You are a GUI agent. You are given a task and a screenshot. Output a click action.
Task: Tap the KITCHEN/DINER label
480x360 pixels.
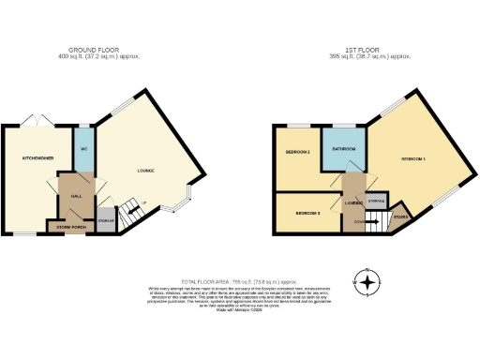24,158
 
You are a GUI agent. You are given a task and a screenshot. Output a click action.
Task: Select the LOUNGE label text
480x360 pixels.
145,170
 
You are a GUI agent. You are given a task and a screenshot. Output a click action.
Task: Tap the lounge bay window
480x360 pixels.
187,198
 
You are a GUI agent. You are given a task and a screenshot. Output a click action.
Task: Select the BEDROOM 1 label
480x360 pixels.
413,158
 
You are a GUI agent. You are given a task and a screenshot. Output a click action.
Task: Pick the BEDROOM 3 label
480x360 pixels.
307,214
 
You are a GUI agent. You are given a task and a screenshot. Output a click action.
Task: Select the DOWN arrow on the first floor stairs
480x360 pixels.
361,221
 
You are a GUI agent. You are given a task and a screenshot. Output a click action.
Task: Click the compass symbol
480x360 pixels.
367,281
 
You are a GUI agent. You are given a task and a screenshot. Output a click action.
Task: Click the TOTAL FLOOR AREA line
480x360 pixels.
239,279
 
